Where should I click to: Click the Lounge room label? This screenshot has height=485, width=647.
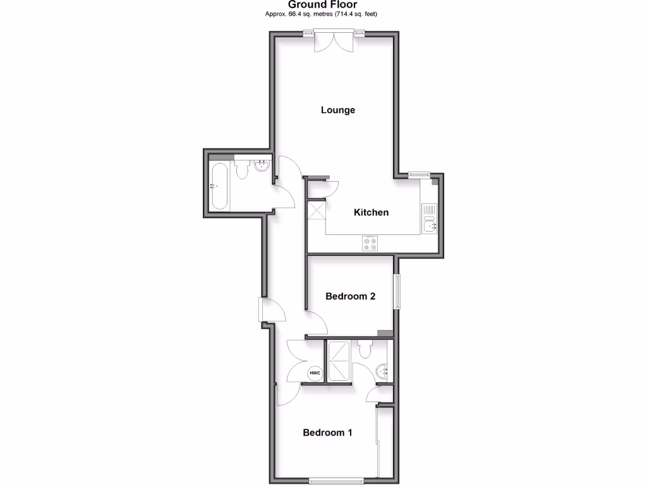coord(337,110)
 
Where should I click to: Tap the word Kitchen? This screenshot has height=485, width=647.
coord(371,212)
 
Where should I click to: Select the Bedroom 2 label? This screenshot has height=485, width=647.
coord(350,296)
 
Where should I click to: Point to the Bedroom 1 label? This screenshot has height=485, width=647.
coord(327,433)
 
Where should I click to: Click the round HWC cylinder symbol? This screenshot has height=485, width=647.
coord(315,374)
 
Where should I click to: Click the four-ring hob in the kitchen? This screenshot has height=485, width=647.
coord(370,243)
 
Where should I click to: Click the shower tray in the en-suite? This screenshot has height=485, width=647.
coord(338,361)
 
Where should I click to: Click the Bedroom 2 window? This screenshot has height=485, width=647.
coord(397,292)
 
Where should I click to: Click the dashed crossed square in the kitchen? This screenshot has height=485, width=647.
coord(315,210)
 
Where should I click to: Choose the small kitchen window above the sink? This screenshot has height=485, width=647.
coord(418,176)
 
